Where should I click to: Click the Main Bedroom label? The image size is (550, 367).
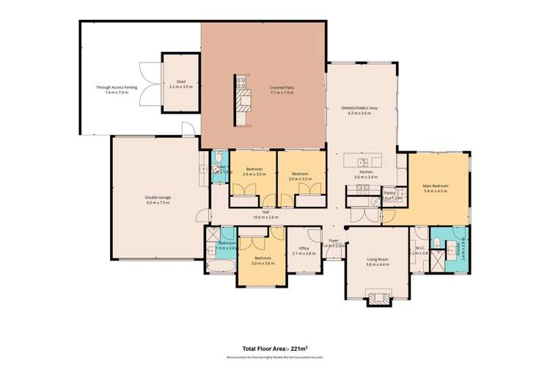tap(436, 189)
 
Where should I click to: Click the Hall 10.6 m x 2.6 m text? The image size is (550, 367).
tap(267, 216)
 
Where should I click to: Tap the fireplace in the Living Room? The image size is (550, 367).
tap(380, 298)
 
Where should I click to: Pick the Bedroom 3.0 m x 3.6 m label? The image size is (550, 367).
tap(263, 261)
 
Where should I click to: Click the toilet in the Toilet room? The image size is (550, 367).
tap(218, 157)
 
